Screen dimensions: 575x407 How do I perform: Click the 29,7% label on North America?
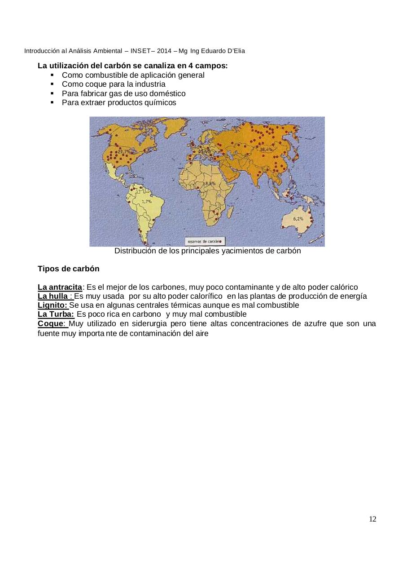point(124,152)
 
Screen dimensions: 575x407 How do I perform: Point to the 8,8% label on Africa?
point(210,184)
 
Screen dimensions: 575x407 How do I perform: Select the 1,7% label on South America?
point(146,202)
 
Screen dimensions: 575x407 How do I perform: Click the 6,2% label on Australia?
point(298,218)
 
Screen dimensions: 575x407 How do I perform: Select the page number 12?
point(372,519)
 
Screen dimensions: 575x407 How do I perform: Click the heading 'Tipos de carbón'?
point(69,269)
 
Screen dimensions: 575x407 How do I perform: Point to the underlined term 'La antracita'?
point(60,287)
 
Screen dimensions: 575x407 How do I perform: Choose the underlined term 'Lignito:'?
point(53,305)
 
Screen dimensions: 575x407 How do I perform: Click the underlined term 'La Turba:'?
point(56,314)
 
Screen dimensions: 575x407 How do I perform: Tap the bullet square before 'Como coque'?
point(53,84)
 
